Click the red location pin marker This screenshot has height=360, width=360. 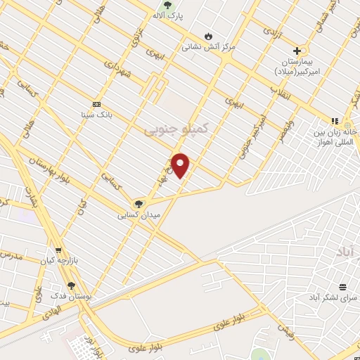(181, 165)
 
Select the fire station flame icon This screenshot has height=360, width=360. (208, 36)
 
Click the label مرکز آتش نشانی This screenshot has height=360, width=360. (208, 47)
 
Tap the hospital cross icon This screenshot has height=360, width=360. (297, 51)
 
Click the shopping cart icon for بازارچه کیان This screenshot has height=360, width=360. (58, 250)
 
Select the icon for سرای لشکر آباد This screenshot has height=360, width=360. (342, 287)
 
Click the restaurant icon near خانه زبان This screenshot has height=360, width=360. (335, 121)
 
